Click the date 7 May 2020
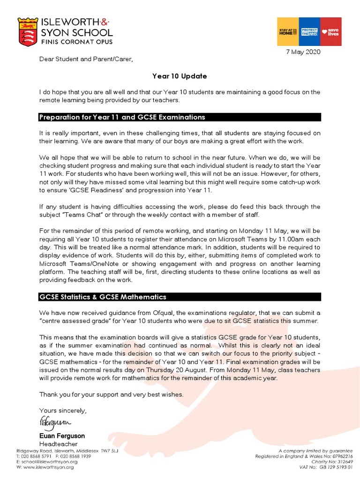click(303, 52)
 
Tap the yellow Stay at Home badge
click(288, 32)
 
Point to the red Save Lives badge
click(330, 32)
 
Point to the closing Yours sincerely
click(63, 411)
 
